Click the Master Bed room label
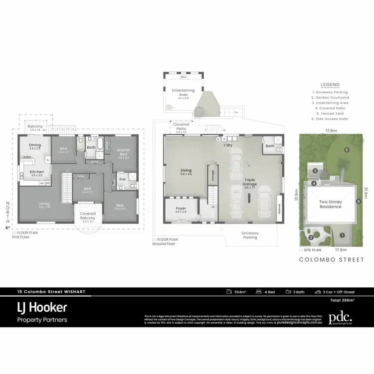(x=123, y=152)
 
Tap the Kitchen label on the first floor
(x=37, y=172)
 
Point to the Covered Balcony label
(x=87, y=216)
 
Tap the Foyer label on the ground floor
(x=181, y=209)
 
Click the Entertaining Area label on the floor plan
(x=183, y=93)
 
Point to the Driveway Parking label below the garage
(x=250, y=235)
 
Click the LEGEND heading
(x=330, y=85)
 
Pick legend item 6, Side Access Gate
(x=330, y=119)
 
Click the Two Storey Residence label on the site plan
(x=330, y=204)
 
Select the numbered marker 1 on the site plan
(x=342, y=235)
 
